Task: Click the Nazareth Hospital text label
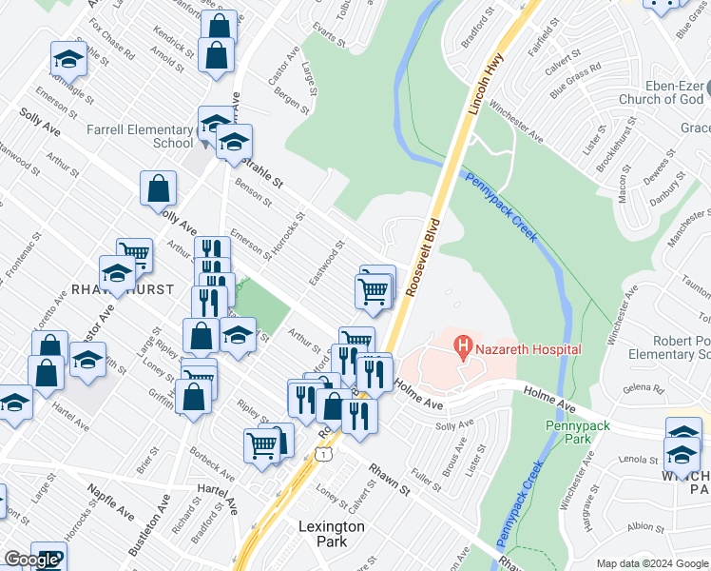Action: point(528,349)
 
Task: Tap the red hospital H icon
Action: point(463,348)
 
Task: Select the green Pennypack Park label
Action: point(577,431)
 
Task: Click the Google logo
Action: point(30,560)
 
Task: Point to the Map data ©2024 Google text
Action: point(652,563)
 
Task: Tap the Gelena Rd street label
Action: point(643,389)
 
